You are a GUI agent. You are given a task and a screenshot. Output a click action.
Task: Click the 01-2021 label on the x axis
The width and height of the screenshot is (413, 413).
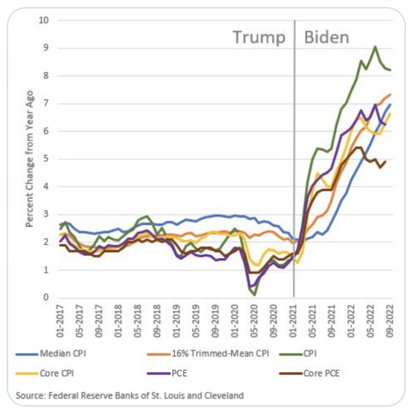pyautogui.click(x=294, y=318)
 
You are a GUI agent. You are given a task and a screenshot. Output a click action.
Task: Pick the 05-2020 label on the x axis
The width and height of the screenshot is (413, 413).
pyautogui.click(x=254, y=318)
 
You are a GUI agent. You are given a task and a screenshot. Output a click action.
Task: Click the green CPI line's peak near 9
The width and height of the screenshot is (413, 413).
pyautogui.click(x=375, y=46)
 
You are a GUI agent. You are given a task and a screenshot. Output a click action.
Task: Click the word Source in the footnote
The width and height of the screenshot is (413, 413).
pyautogui.click(x=28, y=395)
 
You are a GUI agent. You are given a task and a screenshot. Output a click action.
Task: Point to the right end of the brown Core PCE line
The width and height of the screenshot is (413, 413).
pyautogui.click(x=386, y=161)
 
